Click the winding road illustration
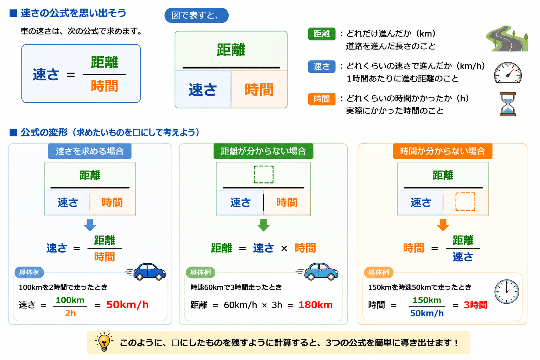click(x=507, y=39)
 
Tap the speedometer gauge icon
click(x=508, y=72)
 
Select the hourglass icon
click(x=508, y=104)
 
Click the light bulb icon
click(x=104, y=342)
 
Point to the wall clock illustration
click(x=507, y=291)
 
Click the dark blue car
click(x=149, y=272)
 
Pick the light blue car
click(x=321, y=272)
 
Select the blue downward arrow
click(x=90, y=225)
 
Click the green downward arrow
click(x=263, y=225)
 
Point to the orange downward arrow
click(x=443, y=225)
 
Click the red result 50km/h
click(x=127, y=305)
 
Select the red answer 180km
click(x=316, y=305)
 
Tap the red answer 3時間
click(x=476, y=305)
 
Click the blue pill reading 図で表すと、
click(x=197, y=15)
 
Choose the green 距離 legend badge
click(x=322, y=34)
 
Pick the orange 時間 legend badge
click(x=322, y=99)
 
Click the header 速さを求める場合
click(x=90, y=151)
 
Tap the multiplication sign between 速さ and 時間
click(x=284, y=248)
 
